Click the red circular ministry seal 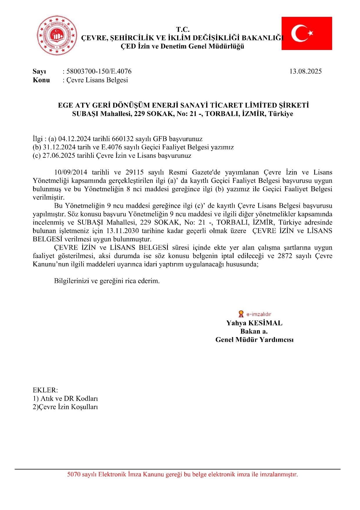(x=57, y=35)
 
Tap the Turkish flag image (x=307, y=33)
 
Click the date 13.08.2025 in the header (x=305, y=71)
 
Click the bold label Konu (x=41, y=80)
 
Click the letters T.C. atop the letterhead (x=183, y=29)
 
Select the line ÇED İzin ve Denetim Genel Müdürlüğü (x=182, y=46)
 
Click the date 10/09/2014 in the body (x=71, y=172)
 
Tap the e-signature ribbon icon (x=241, y=314)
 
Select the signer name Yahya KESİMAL (x=254, y=323)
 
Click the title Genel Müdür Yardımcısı (x=254, y=340)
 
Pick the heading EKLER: (x=45, y=390)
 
